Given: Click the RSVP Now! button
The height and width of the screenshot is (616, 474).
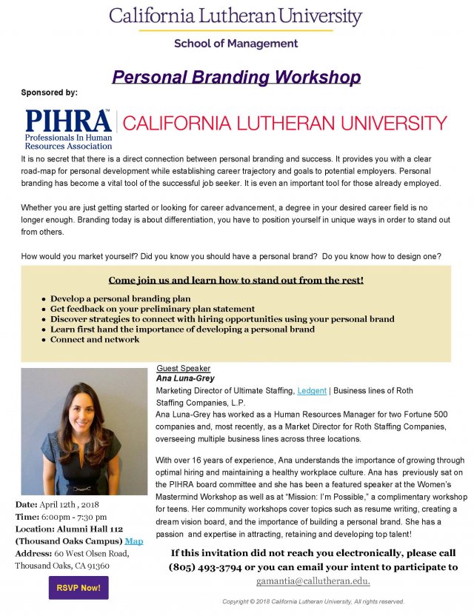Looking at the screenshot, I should [78, 588].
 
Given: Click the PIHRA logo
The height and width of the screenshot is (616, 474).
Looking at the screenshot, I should [68, 129].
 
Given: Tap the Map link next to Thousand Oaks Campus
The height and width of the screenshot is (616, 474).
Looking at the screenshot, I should [134, 540].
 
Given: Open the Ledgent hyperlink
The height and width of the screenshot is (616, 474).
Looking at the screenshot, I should [310, 390].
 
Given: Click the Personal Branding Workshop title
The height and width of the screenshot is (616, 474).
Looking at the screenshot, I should [236, 77].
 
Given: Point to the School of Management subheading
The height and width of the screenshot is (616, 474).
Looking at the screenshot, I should [236, 44].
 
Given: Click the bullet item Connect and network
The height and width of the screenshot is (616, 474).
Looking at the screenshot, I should [94, 339].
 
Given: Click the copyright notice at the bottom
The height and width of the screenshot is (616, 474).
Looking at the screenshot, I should [313, 601].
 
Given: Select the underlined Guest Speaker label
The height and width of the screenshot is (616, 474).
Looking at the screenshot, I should [183, 368].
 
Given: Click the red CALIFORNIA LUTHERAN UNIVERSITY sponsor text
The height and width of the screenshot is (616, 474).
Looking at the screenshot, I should [284, 123].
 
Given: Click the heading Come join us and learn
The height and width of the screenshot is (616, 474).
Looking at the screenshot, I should [236, 281].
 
